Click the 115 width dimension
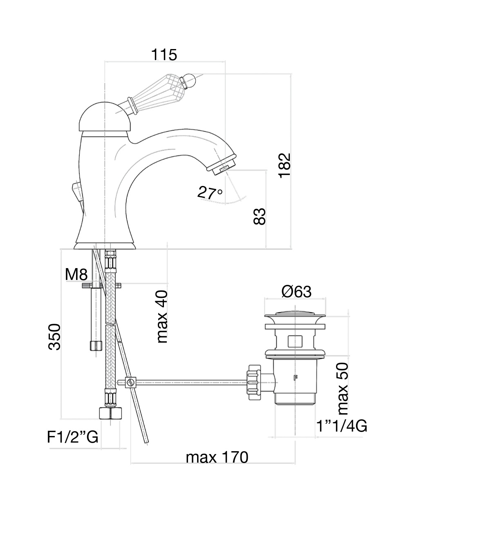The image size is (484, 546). pyautogui.click(x=164, y=54)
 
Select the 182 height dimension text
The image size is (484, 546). pyautogui.click(x=285, y=165)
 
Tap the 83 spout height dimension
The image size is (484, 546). pyautogui.click(x=260, y=217)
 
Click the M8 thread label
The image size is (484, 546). pyautogui.click(x=76, y=275)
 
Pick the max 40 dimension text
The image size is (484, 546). pyautogui.click(x=162, y=317)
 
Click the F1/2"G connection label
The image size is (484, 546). pyautogui.click(x=72, y=437)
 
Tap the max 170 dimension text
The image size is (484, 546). pyautogui.click(x=217, y=457)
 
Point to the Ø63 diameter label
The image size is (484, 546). pyautogui.click(x=296, y=292)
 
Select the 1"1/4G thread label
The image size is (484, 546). pyautogui.click(x=342, y=426)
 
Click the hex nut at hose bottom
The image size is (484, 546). pyautogui.click(x=110, y=413)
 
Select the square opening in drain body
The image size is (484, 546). pyautogui.click(x=295, y=341)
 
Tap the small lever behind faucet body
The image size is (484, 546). pyautogui.click(x=77, y=192)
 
